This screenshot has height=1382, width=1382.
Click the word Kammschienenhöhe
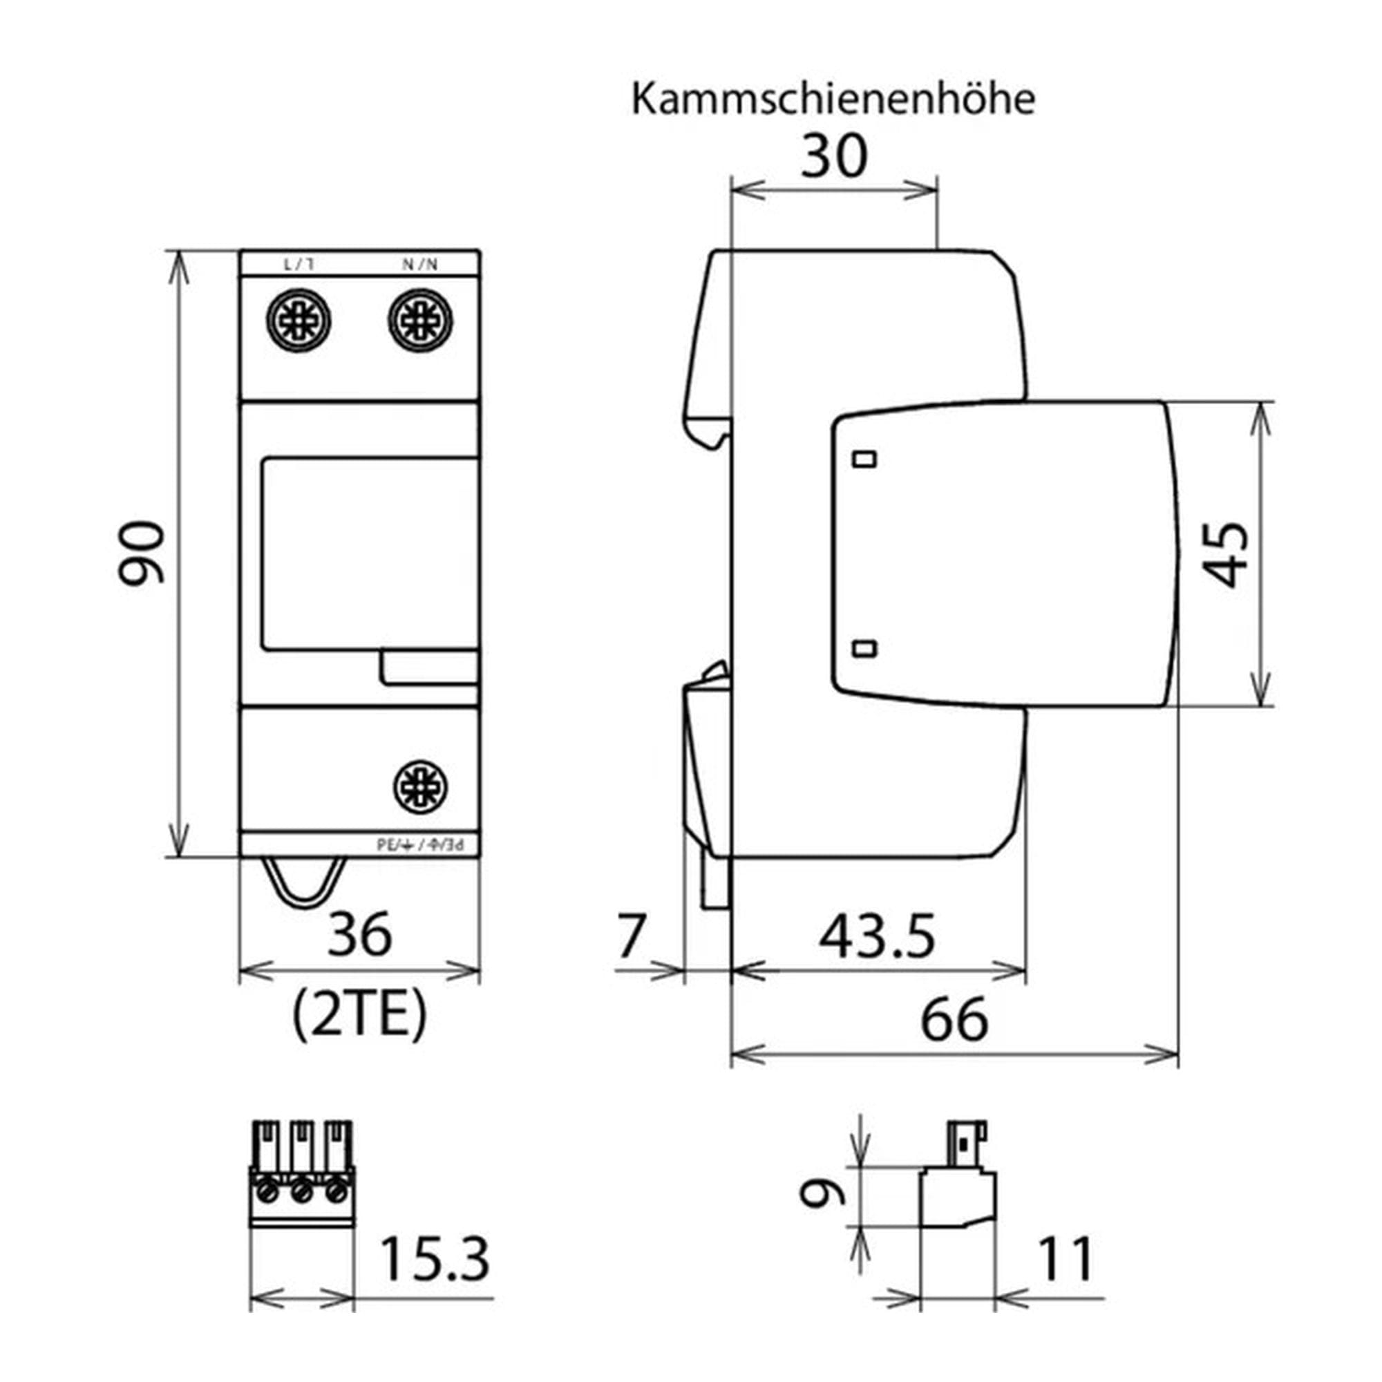(833, 100)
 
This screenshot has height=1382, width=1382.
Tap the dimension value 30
(833, 157)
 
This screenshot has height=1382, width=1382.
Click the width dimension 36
(360, 934)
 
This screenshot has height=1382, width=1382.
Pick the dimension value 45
(1225, 555)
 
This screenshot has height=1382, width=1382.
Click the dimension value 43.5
(878, 936)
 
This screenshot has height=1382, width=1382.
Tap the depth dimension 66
(954, 1020)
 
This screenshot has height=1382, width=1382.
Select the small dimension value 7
(631, 936)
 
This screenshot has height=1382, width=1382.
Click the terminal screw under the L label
(299, 320)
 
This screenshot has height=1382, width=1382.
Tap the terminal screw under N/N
(420, 320)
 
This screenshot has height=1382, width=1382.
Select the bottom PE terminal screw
(421, 787)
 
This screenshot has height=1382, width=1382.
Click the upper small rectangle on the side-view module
(866, 459)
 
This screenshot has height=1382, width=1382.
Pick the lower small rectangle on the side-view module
(866, 649)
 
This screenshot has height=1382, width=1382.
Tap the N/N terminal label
(419, 265)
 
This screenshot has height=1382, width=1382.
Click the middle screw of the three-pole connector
(301, 1192)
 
